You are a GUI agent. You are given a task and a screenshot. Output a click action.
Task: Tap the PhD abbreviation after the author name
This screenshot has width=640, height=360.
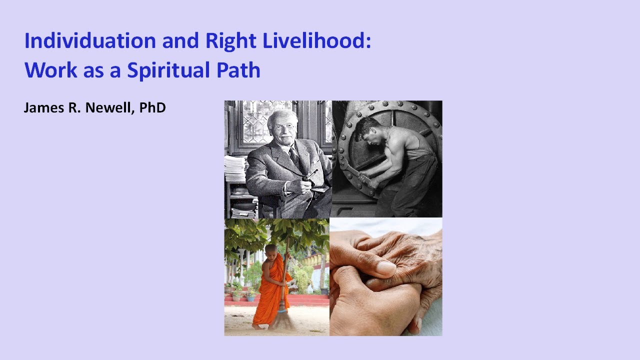[152, 107]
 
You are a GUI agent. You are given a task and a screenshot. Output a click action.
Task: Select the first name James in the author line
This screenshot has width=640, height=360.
[40, 107]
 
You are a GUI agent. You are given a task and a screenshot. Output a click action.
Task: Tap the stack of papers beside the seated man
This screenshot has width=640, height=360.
[234, 170]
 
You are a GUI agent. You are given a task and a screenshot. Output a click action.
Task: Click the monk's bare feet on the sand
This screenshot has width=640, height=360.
[257, 326]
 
